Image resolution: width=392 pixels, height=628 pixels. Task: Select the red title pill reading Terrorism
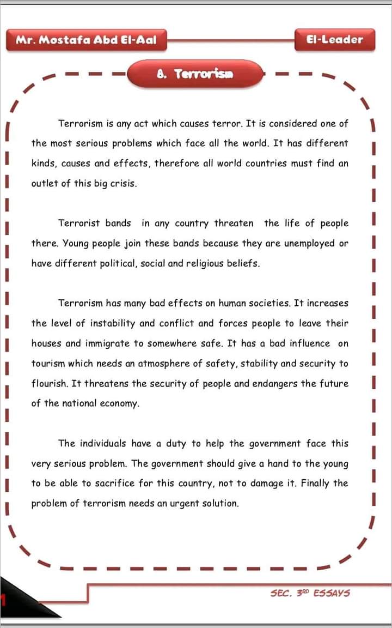(195, 74)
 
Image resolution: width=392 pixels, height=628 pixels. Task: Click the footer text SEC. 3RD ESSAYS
(310, 593)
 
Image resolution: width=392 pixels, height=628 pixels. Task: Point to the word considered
(290, 124)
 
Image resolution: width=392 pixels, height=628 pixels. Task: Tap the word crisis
(123, 183)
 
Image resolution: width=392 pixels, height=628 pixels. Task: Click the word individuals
(103, 444)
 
